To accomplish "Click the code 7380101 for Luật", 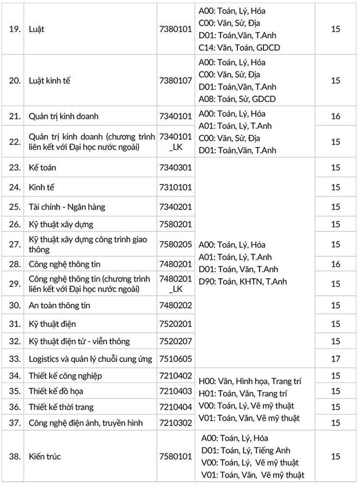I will [x=175, y=29].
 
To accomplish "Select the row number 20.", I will [x=15, y=81].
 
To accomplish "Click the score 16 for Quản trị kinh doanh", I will [x=335, y=116].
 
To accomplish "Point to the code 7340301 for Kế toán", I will [x=175, y=168].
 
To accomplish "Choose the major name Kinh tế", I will [x=41, y=187].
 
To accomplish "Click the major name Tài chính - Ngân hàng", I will [x=67, y=207].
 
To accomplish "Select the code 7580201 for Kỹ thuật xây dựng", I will [x=175, y=224].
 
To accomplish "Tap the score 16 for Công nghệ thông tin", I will [x=335, y=264].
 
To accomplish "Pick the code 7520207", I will [x=175, y=341].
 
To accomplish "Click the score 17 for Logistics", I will [x=335, y=359].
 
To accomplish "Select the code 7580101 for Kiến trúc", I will [x=175, y=456].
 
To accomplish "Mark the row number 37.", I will [x=15, y=422].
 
